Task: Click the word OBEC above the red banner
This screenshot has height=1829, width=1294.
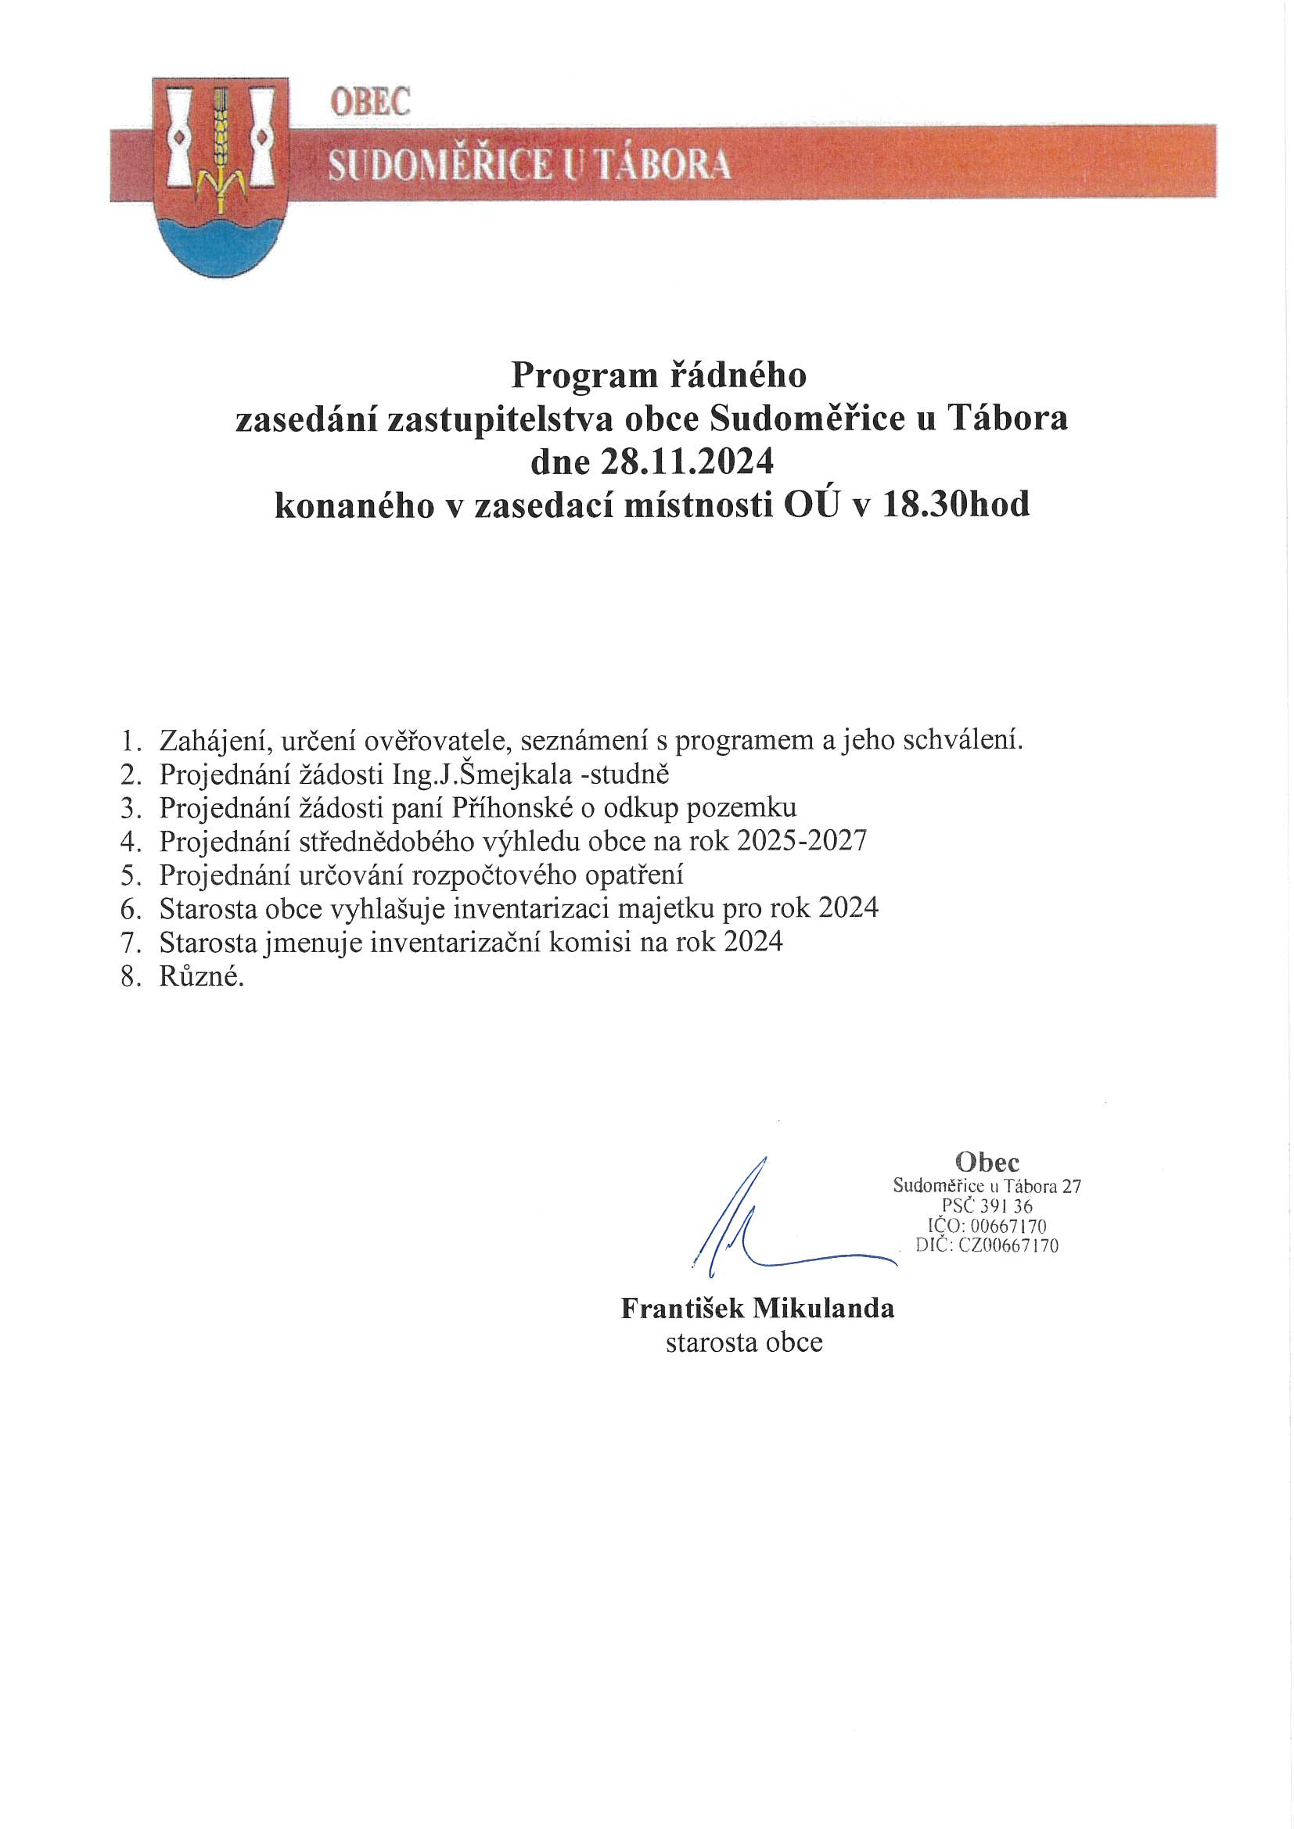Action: tap(371, 101)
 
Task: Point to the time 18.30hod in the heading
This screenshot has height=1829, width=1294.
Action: tap(956, 505)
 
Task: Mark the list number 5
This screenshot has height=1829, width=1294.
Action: tap(130, 875)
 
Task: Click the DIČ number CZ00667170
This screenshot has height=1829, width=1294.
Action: tap(1008, 1245)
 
